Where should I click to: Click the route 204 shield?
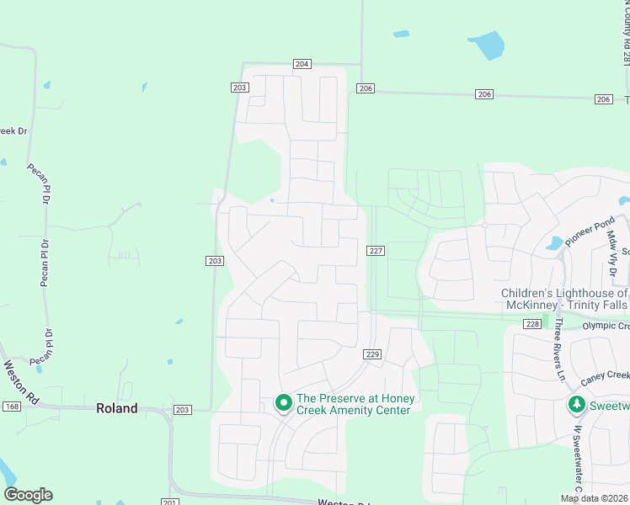pos(303,64)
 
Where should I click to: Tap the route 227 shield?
pos(376,250)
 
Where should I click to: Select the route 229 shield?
pos(374,354)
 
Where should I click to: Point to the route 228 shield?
pos(531,323)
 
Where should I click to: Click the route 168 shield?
pos(11,407)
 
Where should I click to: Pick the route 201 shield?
pos(169,502)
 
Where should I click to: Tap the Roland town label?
pos(116,408)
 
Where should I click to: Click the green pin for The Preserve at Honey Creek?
pos(284,404)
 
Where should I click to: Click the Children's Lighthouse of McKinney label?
pos(564,299)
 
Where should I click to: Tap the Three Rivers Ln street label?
pos(558,350)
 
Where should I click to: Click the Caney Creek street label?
pos(606,375)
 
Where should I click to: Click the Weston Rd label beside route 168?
pos(20,380)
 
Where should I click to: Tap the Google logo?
pos(28,494)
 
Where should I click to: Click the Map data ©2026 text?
pos(594,498)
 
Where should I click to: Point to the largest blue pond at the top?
pos(487,45)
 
